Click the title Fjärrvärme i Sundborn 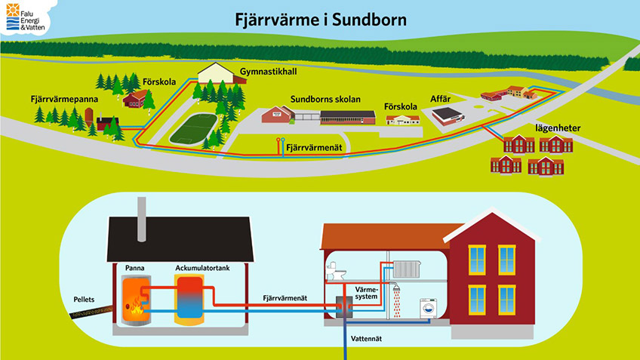click(x=320, y=17)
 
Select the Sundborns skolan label click(x=325, y=100)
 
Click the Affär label click(x=441, y=98)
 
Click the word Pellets click(x=84, y=300)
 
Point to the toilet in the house click(x=335, y=271)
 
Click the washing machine click(x=428, y=309)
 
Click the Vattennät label click(x=370, y=340)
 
